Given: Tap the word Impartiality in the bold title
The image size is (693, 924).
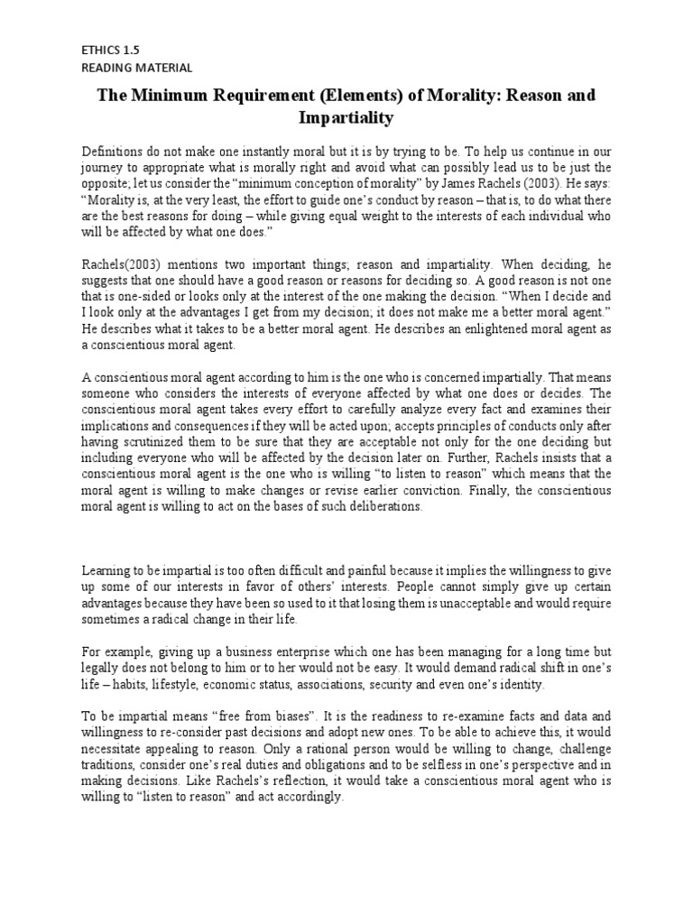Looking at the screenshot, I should pyautogui.click(x=346, y=117).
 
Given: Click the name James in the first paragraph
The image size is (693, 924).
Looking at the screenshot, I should pyautogui.click(x=448, y=183).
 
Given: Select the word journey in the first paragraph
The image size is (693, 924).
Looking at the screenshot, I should pyautogui.click(x=104, y=168).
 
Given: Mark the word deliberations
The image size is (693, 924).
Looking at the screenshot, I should pyautogui.click(x=379, y=506).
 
